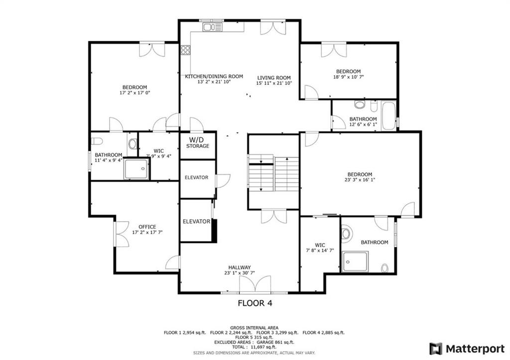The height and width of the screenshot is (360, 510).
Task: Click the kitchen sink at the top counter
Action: [x=212, y=27]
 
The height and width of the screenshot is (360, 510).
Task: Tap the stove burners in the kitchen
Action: [x=185, y=50]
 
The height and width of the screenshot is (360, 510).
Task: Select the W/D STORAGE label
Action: [x=197, y=143]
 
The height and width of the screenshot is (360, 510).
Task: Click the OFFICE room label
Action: [x=147, y=227]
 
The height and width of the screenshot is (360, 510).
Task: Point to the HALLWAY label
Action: [x=240, y=267]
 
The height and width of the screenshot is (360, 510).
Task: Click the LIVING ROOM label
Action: [x=274, y=78]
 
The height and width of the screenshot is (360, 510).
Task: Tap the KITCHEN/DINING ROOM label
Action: [x=214, y=76]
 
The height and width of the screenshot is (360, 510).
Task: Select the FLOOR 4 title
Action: [x=255, y=303]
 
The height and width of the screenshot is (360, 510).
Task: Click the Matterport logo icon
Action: [x=436, y=349]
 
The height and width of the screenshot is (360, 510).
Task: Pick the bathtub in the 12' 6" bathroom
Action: [x=388, y=116]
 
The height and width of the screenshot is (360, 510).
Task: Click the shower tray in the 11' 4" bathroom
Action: [x=136, y=168]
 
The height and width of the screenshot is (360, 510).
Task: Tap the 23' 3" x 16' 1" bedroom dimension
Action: [x=360, y=180]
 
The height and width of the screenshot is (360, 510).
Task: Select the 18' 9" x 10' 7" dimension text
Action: [x=348, y=77]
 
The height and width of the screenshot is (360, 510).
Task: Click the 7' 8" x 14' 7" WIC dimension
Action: [x=320, y=250]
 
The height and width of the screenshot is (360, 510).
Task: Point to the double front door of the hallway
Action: [x=255, y=284]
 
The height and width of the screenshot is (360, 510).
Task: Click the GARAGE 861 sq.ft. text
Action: [x=275, y=343]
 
